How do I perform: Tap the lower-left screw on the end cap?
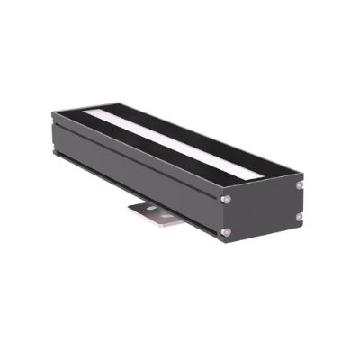(x=225, y=232)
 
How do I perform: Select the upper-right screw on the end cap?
(x=300, y=184)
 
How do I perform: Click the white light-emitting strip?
(x=180, y=144)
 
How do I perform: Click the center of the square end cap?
(x=263, y=211)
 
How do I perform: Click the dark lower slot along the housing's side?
(x=135, y=195)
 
